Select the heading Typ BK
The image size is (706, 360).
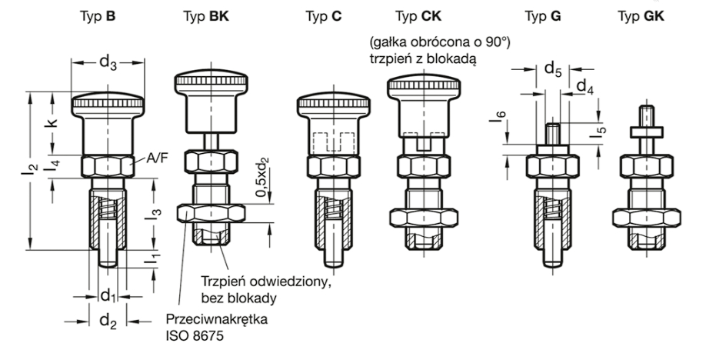pos(202,15)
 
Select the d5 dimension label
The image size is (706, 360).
pos(554,69)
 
